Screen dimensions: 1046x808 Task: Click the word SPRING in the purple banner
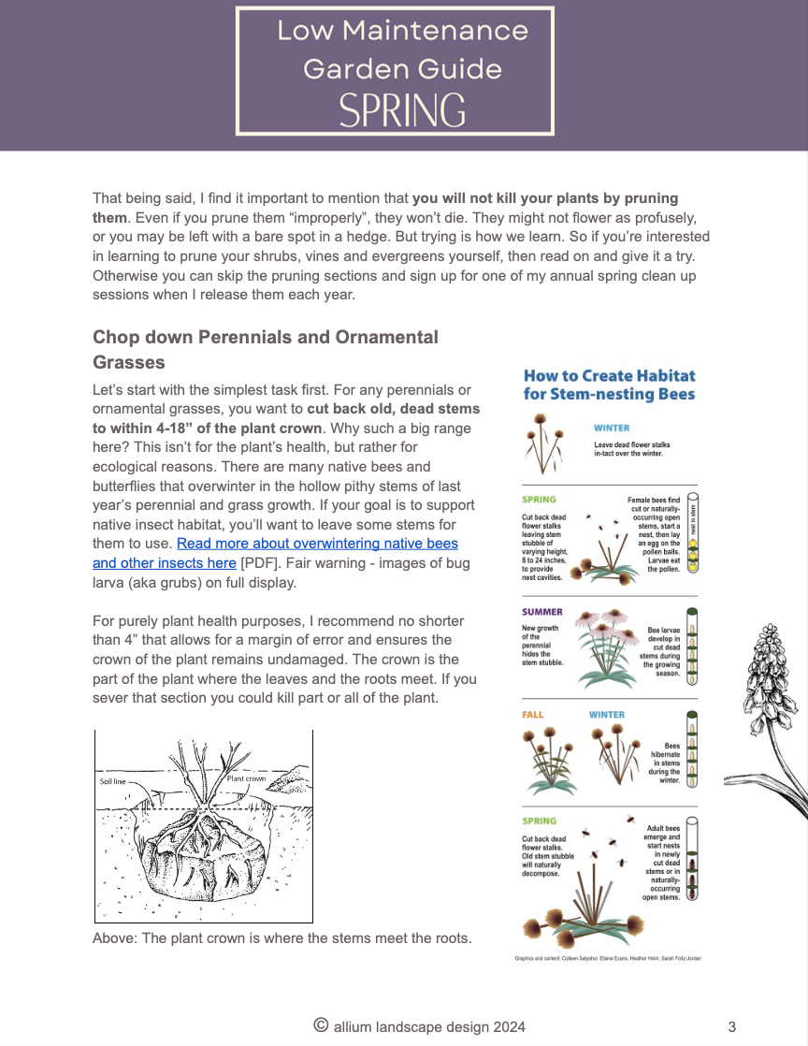401,110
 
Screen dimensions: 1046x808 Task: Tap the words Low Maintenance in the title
402,31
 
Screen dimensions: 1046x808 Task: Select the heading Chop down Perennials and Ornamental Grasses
266,348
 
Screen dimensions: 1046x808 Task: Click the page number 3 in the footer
731,1026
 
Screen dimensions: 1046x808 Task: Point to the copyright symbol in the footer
321,1025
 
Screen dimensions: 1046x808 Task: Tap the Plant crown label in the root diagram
246,777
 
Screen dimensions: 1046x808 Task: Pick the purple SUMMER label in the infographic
542,613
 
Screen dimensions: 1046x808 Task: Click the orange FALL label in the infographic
532,715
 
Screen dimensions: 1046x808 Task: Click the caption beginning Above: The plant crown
281,938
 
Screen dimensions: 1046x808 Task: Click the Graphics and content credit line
608,958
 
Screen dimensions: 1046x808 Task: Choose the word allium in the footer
355,1026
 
